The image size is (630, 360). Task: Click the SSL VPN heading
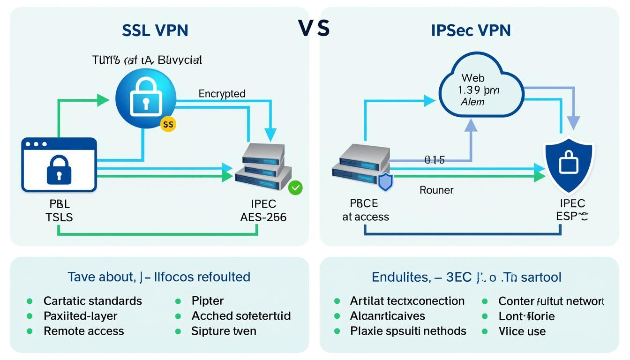pos(155,30)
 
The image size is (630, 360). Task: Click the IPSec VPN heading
pos(471,30)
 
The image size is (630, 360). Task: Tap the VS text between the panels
pos(314,28)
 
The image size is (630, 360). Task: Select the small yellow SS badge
pos(168,124)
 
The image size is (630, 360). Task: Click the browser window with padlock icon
pos(59,165)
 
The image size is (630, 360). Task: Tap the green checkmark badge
pos(296,188)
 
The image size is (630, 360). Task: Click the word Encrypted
pos(222,94)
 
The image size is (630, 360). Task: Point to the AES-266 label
pos(256,217)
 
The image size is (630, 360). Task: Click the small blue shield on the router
pos(384,182)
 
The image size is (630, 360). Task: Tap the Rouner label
pos(436,190)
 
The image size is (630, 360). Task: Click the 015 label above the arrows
pos(434,160)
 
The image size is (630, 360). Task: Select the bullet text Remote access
pos(83,331)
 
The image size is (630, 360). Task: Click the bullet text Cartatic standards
pos(92,300)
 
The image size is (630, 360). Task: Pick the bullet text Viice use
pos(522,331)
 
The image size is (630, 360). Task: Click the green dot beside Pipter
pos(178,301)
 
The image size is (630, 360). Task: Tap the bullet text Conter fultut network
pos(551,301)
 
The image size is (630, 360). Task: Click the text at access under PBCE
pos(366,217)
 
